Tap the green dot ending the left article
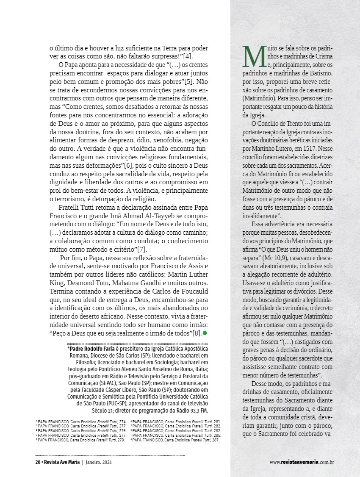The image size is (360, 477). coord(205,333)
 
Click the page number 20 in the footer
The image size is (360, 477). coord(38,462)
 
